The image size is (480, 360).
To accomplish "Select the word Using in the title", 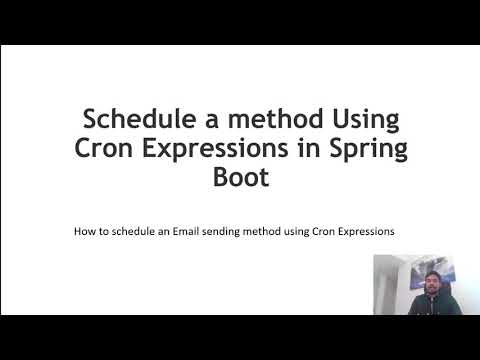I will click(x=362, y=119).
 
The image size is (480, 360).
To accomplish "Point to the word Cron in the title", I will click(x=107, y=149).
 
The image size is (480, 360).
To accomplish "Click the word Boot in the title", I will click(x=240, y=180).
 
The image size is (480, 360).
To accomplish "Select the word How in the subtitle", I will click(x=85, y=231).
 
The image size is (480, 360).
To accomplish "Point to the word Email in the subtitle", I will click(x=186, y=231).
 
